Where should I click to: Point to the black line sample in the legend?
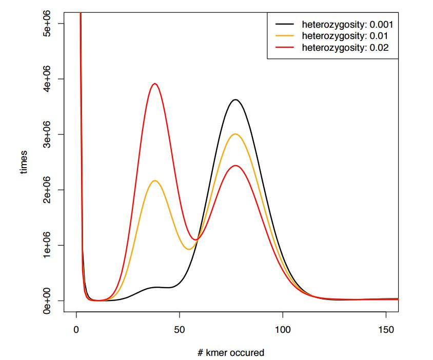point(285,24)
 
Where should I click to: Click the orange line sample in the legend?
point(285,36)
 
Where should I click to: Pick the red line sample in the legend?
point(285,48)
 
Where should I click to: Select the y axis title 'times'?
point(24,162)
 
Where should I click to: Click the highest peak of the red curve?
point(154,84)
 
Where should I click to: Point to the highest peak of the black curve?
point(235,99)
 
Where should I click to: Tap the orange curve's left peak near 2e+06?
point(154,181)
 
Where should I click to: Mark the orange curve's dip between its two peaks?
point(189,249)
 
